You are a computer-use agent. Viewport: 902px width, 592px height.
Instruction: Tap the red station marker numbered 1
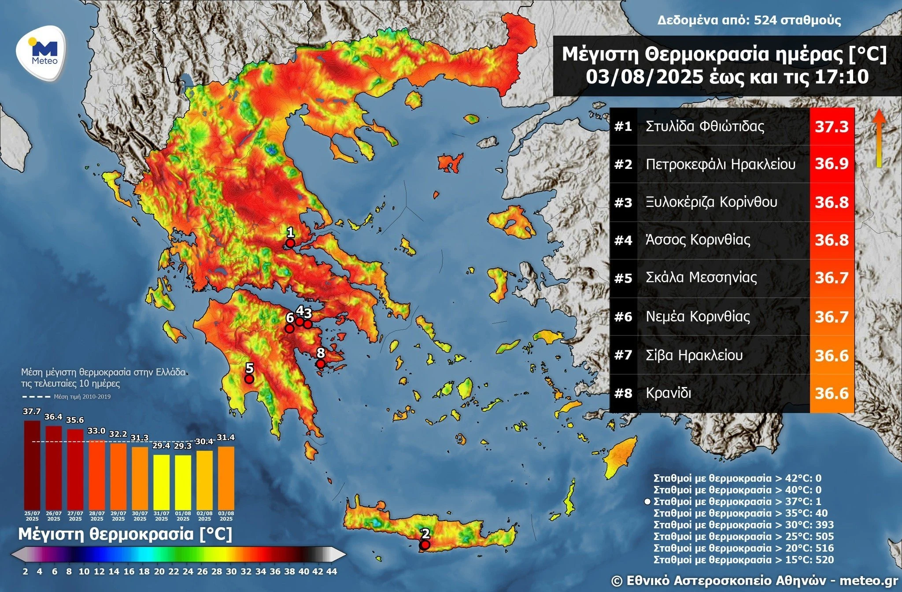point(290,243)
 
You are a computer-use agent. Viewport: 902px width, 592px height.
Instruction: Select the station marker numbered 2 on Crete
point(425,545)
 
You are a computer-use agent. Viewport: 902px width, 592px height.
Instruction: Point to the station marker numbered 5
point(249,379)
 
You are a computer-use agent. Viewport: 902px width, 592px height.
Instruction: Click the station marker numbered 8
point(321,364)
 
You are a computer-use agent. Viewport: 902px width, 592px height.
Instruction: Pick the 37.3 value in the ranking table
point(831,127)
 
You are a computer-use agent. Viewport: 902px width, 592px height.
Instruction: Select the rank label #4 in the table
point(623,241)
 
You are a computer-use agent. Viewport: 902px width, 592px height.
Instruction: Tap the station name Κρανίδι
point(668,393)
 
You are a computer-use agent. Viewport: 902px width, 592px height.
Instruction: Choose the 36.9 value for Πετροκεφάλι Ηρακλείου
point(831,164)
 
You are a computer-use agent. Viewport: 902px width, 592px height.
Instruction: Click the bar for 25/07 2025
point(32,465)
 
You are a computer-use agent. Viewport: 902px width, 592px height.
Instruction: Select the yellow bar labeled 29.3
point(183,482)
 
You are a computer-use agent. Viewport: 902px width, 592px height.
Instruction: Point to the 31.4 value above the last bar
point(226,437)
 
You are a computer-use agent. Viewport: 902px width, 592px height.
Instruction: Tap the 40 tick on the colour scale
point(304,572)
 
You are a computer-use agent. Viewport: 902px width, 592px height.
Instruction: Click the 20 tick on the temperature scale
point(159,572)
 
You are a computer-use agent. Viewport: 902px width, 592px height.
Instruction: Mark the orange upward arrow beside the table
point(879,138)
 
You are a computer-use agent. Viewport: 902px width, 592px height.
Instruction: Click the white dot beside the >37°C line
point(647,502)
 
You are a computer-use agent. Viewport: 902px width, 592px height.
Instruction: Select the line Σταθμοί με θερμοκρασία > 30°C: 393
point(743,525)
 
